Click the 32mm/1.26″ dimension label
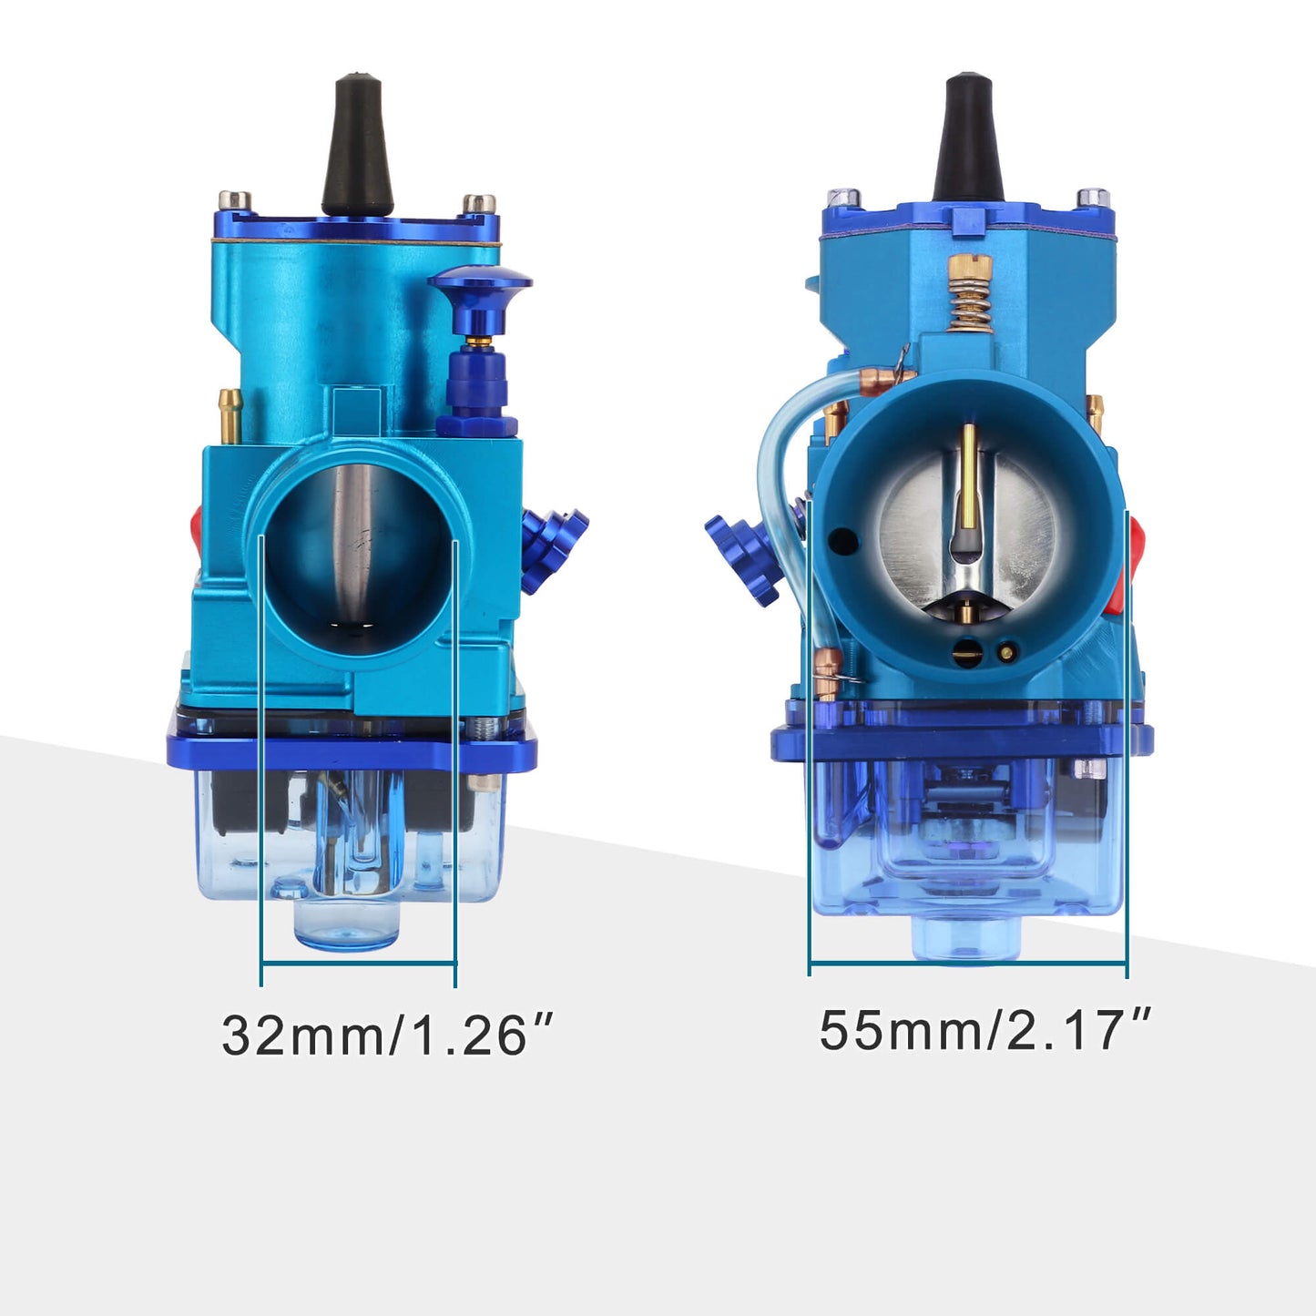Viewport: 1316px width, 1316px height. coord(386,1035)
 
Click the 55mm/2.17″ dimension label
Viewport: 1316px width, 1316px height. coord(984,1030)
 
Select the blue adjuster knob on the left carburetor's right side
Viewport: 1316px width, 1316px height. coord(552,546)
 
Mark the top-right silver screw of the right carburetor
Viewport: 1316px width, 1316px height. coord(1092,198)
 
